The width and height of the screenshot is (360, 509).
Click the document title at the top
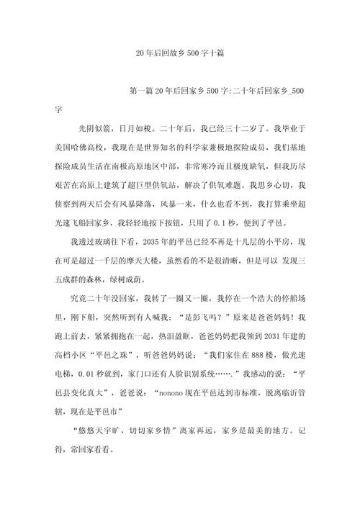tap(179, 54)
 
